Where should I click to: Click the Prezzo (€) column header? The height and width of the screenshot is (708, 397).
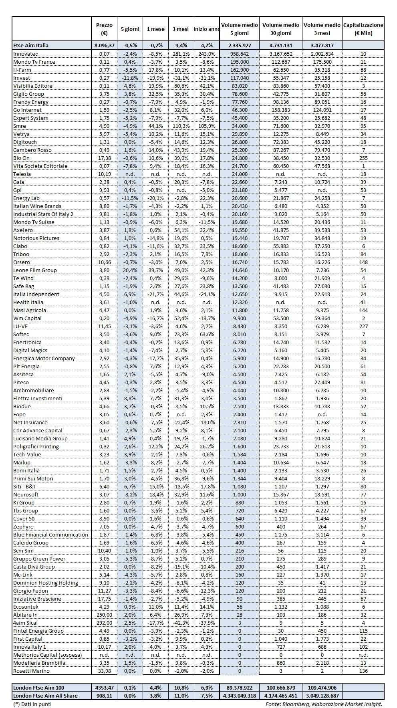click(104, 29)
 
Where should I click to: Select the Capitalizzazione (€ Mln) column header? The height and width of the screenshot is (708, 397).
click(363, 29)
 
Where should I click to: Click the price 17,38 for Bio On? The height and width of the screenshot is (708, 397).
click(104, 158)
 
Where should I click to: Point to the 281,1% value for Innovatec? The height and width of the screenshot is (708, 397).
click(181, 54)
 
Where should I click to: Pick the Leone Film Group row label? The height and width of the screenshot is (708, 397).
click(35, 270)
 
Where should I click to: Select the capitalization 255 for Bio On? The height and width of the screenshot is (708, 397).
click(363, 158)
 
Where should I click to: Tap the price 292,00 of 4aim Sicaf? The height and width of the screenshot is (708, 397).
click(104, 623)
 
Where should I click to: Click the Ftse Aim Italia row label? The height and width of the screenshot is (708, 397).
click(31, 45)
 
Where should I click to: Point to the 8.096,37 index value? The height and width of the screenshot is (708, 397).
click(104, 45)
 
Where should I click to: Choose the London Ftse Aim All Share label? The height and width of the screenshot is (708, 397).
click(45, 696)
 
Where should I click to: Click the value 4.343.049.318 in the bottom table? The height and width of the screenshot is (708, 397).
click(240, 696)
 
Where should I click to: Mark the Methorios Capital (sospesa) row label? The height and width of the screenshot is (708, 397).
click(47, 655)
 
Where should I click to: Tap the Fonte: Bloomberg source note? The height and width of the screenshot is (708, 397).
click(324, 704)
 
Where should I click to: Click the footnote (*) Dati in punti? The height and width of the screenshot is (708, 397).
click(32, 704)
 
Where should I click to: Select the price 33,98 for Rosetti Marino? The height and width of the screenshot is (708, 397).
click(104, 671)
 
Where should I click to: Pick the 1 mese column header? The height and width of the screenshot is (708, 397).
click(155, 29)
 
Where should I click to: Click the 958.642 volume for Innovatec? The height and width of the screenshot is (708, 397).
click(240, 54)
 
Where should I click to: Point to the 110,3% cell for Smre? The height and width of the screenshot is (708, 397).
click(181, 126)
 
